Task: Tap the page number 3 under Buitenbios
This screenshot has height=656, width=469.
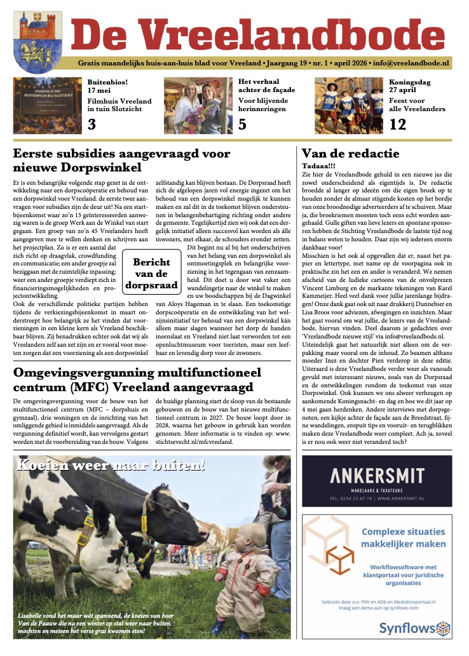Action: pyautogui.click(x=92, y=124)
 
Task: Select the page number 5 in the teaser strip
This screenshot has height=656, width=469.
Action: pyautogui.click(x=242, y=124)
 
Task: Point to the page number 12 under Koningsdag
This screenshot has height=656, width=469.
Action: pyautogui.click(x=397, y=124)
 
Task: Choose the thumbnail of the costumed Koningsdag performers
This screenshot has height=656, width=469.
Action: pyautogui.click(x=350, y=105)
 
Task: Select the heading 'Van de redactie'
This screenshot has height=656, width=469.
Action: pyautogui.click(x=350, y=153)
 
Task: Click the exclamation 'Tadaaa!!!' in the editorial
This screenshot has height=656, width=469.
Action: pyautogui.click(x=321, y=166)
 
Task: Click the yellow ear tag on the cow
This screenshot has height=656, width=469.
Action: pyautogui.click(x=144, y=523)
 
